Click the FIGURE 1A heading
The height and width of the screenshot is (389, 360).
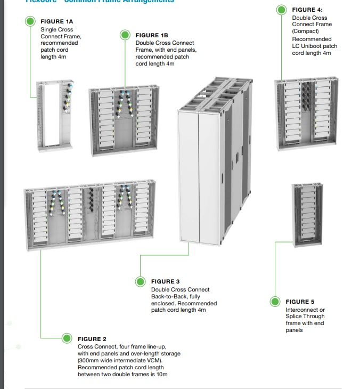click(57, 21)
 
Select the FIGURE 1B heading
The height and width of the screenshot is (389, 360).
click(151, 35)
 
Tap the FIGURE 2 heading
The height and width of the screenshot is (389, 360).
click(92, 339)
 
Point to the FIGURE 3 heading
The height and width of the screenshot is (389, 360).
click(166, 281)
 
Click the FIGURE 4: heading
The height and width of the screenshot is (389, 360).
click(307, 10)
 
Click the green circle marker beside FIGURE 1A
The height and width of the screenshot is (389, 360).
click(31, 21)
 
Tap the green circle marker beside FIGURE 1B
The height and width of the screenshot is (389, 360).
click(125, 35)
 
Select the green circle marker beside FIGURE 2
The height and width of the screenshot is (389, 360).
click(67, 338)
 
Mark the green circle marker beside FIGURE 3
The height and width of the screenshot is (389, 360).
click(141, 281)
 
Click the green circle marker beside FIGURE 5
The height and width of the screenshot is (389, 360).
click(275, 302)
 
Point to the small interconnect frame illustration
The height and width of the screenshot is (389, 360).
click(307, 215)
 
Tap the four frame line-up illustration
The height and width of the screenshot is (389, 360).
click(91, 217)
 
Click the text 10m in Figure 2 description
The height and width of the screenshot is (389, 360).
click(162, 375)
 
